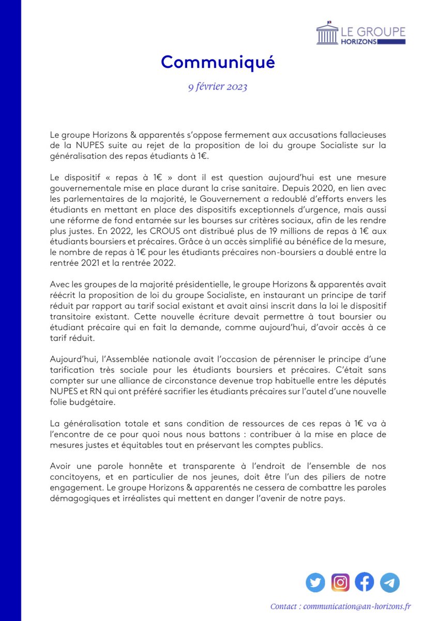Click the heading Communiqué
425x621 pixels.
[218, 62]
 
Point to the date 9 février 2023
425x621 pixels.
[218, 86]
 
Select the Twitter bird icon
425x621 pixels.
[315, 583]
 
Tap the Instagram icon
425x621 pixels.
[340, 583]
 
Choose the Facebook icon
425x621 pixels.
[365, 583]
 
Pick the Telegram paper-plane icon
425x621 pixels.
[390, 583]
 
